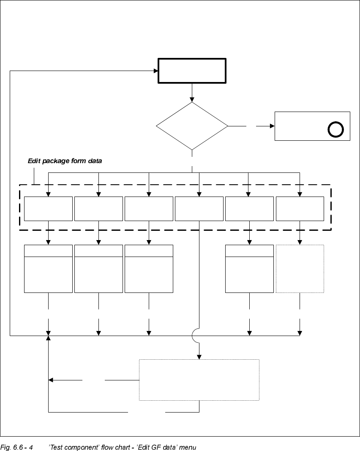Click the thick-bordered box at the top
click(192, 71)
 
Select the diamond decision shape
click(192, 126)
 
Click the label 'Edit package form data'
click(65, 161)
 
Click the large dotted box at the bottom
click(199, 380)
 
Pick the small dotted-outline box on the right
click(300, 268)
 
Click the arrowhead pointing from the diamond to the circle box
click(272, 126)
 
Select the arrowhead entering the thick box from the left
click(155, 71)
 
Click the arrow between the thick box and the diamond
click(192, 93)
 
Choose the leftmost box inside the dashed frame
click(48, 208)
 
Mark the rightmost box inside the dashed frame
click(300, 208)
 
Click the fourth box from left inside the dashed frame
click(199, 208)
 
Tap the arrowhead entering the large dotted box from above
click(199, 357)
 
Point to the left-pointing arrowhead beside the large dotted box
click(51, 380)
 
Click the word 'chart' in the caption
click(111, 447)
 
